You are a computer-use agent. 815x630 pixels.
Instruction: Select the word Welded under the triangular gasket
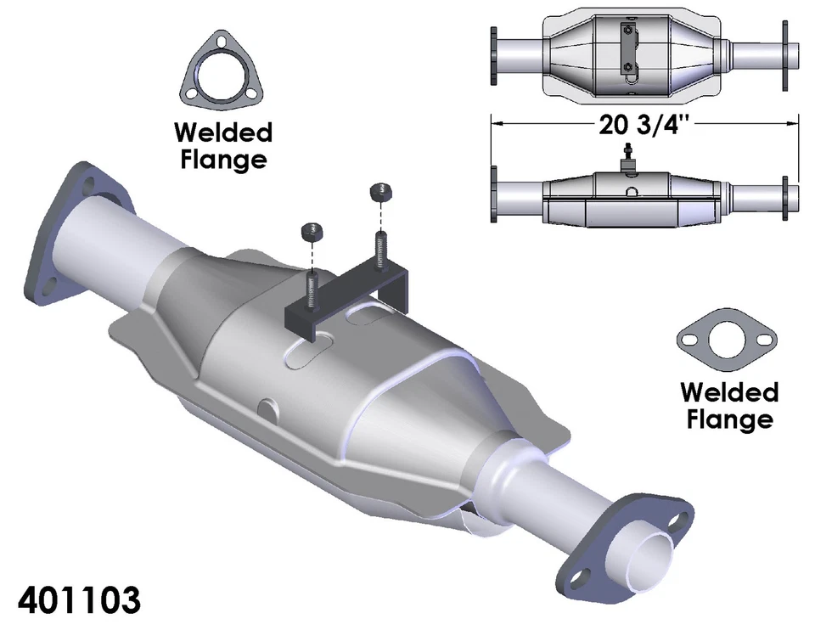point(223,133)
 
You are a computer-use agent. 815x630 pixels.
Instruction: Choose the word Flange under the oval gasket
point(729,419)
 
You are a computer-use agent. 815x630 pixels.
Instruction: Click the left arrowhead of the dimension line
point(497,125)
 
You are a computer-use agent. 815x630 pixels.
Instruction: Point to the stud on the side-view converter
point(630,156)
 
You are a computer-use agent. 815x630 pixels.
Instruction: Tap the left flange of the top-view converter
point(493,55)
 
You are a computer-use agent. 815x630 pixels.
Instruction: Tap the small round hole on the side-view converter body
point(630,193)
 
